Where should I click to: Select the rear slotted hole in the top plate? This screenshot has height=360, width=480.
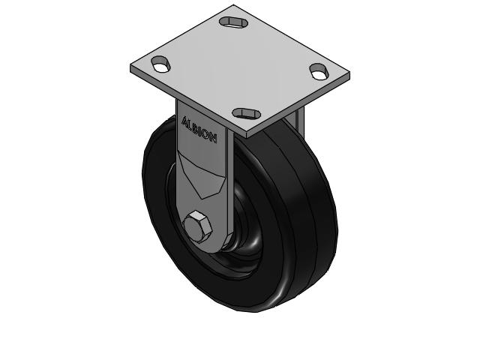233,20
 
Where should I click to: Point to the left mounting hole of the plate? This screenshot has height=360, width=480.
161,64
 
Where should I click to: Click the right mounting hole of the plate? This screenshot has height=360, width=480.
319,72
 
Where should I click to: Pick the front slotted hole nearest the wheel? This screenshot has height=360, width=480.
245,113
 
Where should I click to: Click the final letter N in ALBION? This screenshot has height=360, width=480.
214,139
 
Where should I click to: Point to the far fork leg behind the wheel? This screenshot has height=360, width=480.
298,120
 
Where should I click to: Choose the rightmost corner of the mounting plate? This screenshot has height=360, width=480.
351,75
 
